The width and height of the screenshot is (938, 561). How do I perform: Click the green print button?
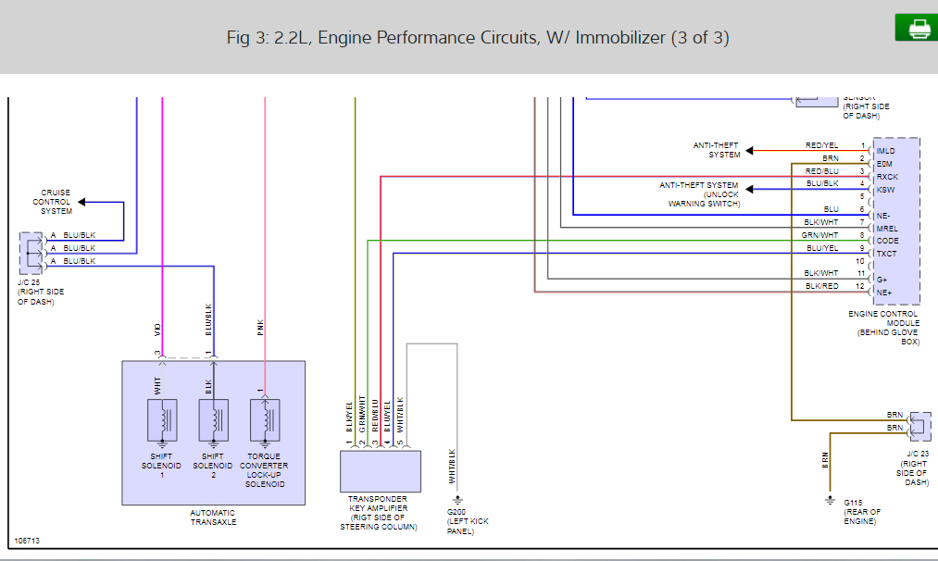tap(917, 28)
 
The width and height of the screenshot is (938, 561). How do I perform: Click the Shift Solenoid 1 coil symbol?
tap(162, 420)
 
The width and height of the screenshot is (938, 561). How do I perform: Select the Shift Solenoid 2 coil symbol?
tap(213, 420)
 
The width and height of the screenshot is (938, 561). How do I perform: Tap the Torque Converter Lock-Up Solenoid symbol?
tap(265, 420)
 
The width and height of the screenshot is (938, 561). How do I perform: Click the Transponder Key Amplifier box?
tap(381, 472)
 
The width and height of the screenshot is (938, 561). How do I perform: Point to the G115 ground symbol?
tap(830, 502)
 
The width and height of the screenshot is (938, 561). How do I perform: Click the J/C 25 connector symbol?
tap(31, 248)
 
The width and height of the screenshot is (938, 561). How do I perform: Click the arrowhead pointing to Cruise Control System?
tap(81, 201)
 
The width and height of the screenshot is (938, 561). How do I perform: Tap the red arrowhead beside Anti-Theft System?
tap(751, 150)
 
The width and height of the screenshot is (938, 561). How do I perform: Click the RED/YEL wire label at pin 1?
tap(822, 145)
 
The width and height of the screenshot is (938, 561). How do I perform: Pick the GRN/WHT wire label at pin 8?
tap(820, 236)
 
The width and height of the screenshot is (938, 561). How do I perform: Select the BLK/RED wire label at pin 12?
tap(821, 286)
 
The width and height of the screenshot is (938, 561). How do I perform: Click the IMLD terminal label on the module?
tap(886, 151)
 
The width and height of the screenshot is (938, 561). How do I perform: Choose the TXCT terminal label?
tap(886, 254)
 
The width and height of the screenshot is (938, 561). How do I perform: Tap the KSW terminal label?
tap(885, 190)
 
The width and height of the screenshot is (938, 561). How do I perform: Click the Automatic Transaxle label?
tap(213, 517)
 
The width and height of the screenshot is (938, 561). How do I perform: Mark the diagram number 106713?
tap(28, 541)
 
